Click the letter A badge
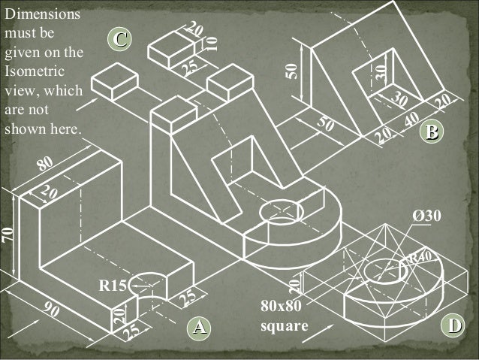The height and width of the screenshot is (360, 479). pos(198,327)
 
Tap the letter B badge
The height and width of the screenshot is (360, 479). pos(430,132)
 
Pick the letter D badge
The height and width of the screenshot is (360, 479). pos(451,325)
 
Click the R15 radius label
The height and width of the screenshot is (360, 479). pos(112,286)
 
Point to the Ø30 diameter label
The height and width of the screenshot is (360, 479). pos(427,216)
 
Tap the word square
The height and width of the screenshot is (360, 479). pos(283,325)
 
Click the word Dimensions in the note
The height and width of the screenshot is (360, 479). pos(42,14)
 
